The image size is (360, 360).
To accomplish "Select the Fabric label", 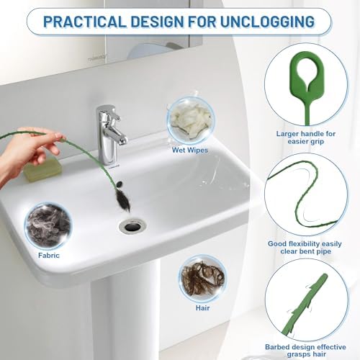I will [50, 255].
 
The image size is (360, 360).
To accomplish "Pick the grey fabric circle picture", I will [48, 224].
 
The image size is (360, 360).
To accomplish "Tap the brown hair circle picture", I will [202, 277].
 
